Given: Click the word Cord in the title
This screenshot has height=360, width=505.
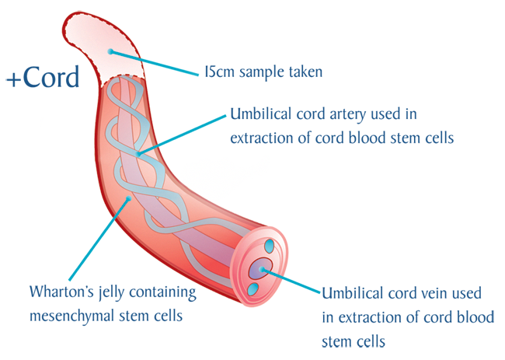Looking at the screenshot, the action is pos(51,77).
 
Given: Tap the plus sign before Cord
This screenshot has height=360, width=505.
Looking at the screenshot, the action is pos(13,79).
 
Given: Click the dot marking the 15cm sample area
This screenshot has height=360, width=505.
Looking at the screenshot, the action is pos(110,51).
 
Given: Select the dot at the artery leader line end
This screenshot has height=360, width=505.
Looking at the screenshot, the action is pos(138,154).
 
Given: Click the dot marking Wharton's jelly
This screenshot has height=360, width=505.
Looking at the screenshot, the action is pos(128,198).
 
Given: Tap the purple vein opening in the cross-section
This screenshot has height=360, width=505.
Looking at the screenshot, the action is pos(260,269).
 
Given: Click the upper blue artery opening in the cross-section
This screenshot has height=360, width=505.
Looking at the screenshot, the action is pos(269,246).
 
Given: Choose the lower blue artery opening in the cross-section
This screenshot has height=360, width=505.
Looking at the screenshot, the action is pos(253,289).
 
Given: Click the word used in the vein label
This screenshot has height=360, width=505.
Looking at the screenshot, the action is pos(467,293).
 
